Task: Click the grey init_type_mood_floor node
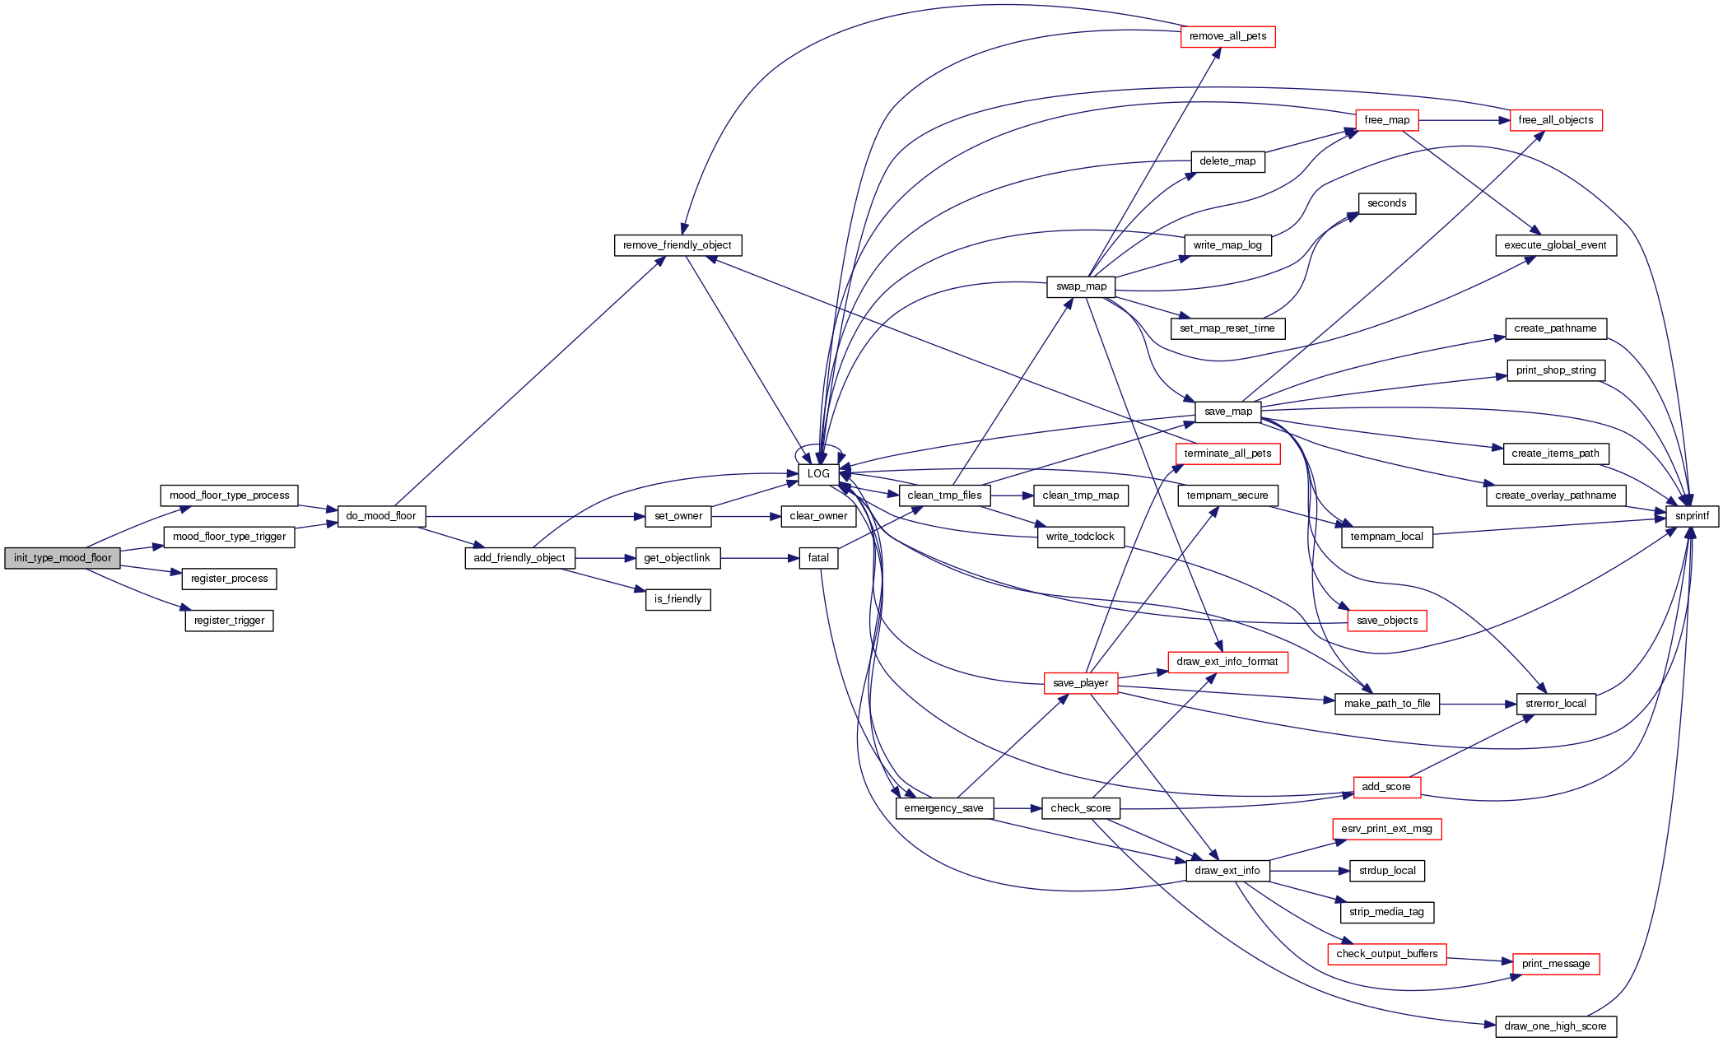[63, 558]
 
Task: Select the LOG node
[818, 474]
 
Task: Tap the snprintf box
[1692, 516]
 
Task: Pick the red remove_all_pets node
[1227, 36]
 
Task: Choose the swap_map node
[1081, 286]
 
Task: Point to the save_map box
[1227, 412]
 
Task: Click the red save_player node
[1080, 683]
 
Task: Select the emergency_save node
[943, 808]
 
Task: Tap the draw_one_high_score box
[1555, 1026]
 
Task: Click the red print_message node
[1555, 964]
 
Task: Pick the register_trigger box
[229, 621]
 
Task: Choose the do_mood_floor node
[381, 516]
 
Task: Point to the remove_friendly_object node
[678, 245]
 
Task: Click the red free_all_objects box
[1555, 120]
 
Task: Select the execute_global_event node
[1555, 245]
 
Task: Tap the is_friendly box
[678, 599]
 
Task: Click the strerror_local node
[1555, 704]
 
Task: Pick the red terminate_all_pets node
[1227, 454]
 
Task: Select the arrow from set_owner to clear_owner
[746, 516]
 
